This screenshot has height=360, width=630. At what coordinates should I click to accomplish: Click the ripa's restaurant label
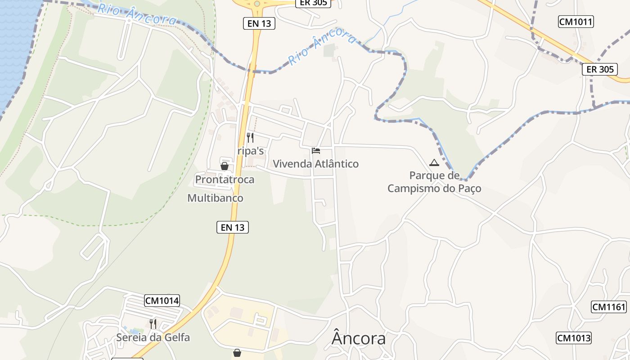click(x=251, y=151)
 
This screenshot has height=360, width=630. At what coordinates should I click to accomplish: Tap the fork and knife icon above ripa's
click(x=250, y=138)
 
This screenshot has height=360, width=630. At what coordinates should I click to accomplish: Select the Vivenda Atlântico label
click(x=316, y=164)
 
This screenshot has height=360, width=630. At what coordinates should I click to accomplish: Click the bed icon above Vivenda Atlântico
click(x=316, y=150)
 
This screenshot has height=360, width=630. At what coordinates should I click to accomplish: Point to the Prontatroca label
click(x=225, y=180)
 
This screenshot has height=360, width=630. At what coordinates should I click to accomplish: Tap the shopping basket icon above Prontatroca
click(x=225, y=166)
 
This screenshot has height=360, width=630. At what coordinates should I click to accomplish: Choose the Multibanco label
click(x=215, y=198)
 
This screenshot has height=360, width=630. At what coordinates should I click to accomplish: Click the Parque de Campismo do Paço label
click(x=434, y=182)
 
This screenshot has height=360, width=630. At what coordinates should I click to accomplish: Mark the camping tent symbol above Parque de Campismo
click(x=434, y=162)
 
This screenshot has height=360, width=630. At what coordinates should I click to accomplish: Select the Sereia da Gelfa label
click(x=153, y=337)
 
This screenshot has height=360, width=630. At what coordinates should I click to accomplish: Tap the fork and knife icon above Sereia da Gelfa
click(x=153, y=324)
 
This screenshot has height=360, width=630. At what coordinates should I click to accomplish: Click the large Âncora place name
click(x=359, y=338)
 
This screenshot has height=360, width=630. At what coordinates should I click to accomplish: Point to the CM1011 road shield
click(x=576, y=22)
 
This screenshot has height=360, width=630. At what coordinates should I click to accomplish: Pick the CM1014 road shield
click(x=162, y=301)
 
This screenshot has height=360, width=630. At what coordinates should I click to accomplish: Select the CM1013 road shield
click(x=574, y=338)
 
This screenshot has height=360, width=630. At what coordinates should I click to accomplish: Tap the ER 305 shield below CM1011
click(x=600, y=69)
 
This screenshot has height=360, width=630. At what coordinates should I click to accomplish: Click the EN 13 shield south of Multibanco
click(x=233, y=227)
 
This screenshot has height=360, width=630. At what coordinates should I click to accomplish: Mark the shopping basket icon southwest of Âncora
click(x=237, y=353)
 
